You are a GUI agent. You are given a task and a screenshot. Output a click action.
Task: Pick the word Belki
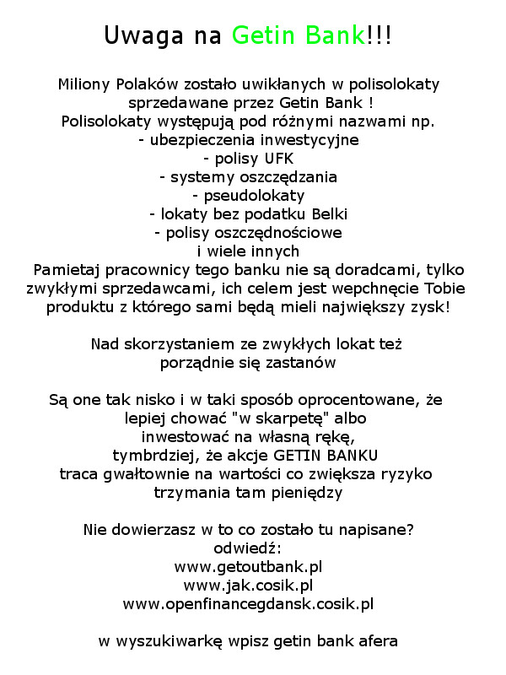pyautogui.click(x=325, y=213)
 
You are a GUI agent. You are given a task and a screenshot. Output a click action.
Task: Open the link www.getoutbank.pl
pyautogui.click(x=248, y=566)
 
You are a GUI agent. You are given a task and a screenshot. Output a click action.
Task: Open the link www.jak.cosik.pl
pyautogui.click(x=248, y=584)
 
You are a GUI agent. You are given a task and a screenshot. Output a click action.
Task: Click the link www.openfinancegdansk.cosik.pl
pyautogui.click(x=248, y=603)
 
